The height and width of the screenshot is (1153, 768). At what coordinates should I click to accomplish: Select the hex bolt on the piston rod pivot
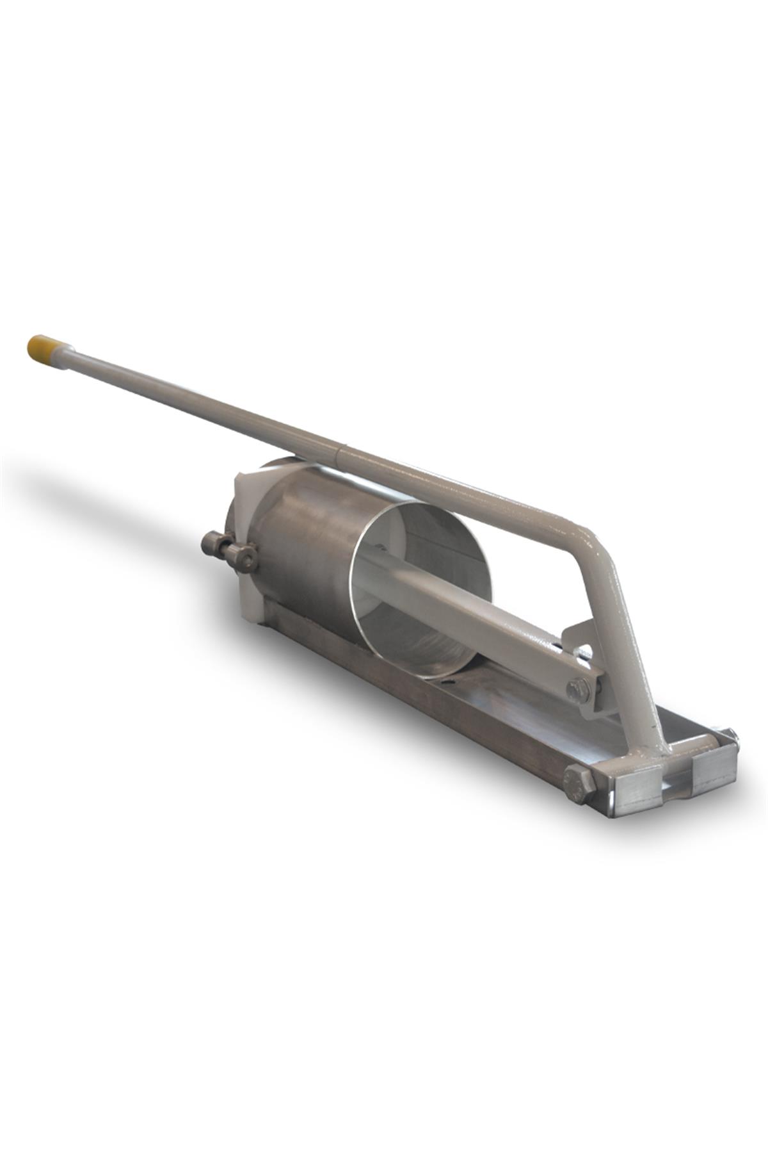[579, 689]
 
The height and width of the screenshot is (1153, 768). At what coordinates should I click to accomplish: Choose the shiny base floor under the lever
[544, 711]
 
